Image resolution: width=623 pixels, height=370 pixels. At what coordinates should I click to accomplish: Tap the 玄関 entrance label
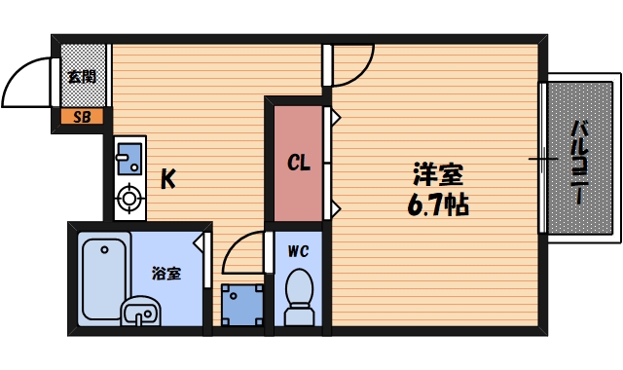pos(81,76)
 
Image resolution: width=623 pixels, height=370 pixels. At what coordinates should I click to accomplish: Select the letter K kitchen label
pos(168,179)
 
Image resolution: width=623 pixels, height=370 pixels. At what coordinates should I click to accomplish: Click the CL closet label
pos(298,163)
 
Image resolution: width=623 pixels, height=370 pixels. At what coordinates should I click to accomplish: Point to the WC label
pos(298,250)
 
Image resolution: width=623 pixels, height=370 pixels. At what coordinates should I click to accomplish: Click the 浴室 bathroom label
pos(166,273)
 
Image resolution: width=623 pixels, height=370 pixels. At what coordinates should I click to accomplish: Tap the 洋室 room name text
pos(437,176)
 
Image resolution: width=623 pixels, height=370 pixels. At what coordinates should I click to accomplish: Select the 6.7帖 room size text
pos(437,205)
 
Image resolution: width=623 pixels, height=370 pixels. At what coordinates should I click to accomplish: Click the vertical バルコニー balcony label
pos(578,162)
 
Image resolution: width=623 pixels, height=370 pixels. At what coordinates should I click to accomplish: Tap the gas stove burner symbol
pos(128,202)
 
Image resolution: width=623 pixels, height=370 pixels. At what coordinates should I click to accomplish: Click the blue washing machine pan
pos(241,304)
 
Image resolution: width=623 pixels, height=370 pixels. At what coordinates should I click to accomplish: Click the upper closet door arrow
pos(334,118)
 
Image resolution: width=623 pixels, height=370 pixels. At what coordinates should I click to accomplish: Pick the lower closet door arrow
pos(334,207)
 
